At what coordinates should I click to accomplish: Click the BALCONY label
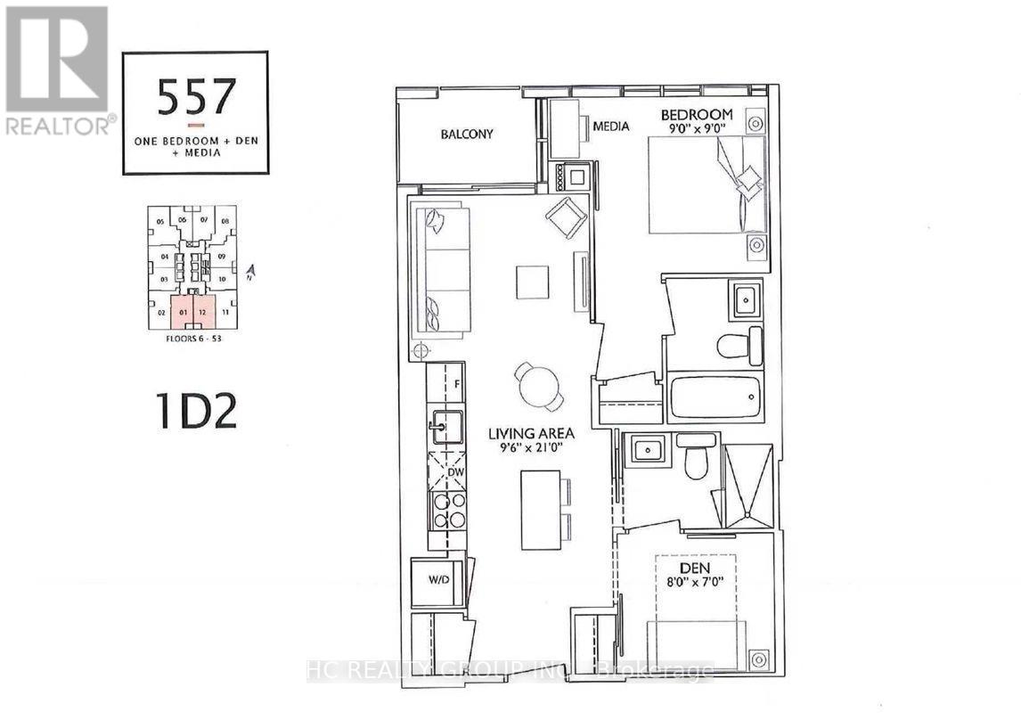tap(466, 135)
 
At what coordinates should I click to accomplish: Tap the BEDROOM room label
tap(696, 114)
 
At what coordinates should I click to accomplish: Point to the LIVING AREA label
tap(531, 434)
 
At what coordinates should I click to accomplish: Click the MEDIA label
tap(611, 127)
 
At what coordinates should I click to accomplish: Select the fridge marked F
tap(456, 385)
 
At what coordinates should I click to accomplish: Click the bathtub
tap(715, 398)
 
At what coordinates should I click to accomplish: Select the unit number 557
tap(196, 96)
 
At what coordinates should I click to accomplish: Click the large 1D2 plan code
tap(196, 413)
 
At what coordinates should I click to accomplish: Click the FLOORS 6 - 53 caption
tap(192, 337)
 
